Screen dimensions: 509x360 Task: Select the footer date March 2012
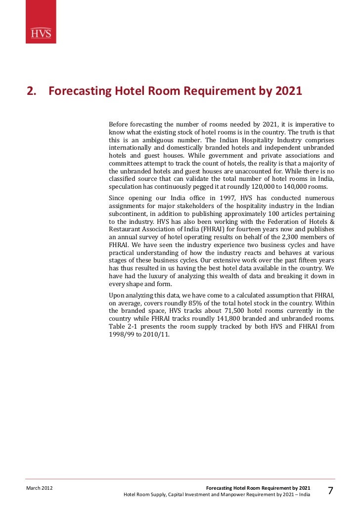pos(40,488)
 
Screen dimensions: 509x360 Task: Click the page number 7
pos(330,491)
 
